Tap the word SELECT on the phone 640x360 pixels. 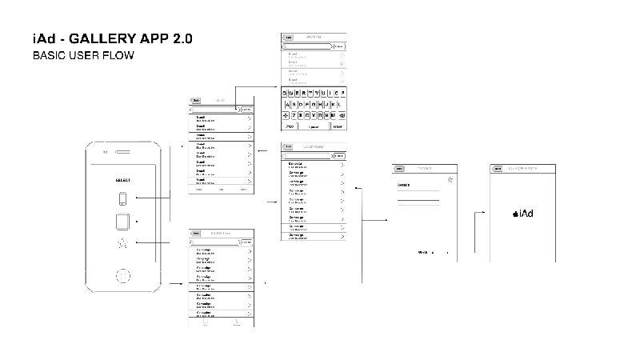pos(123,181)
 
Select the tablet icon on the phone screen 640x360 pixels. pos(123,221)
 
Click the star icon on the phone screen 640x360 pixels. pos(123,243)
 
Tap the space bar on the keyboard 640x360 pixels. pos(314,126)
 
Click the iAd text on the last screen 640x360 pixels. pos(526,214)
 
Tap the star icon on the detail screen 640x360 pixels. pos(450,180)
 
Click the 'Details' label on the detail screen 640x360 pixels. pos(405,185)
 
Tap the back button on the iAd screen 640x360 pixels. pos(498,169)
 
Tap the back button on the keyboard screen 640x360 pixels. pos(289,37)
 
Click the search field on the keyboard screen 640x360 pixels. pos(308,46)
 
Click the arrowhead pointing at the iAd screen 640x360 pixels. pos(486,213)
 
